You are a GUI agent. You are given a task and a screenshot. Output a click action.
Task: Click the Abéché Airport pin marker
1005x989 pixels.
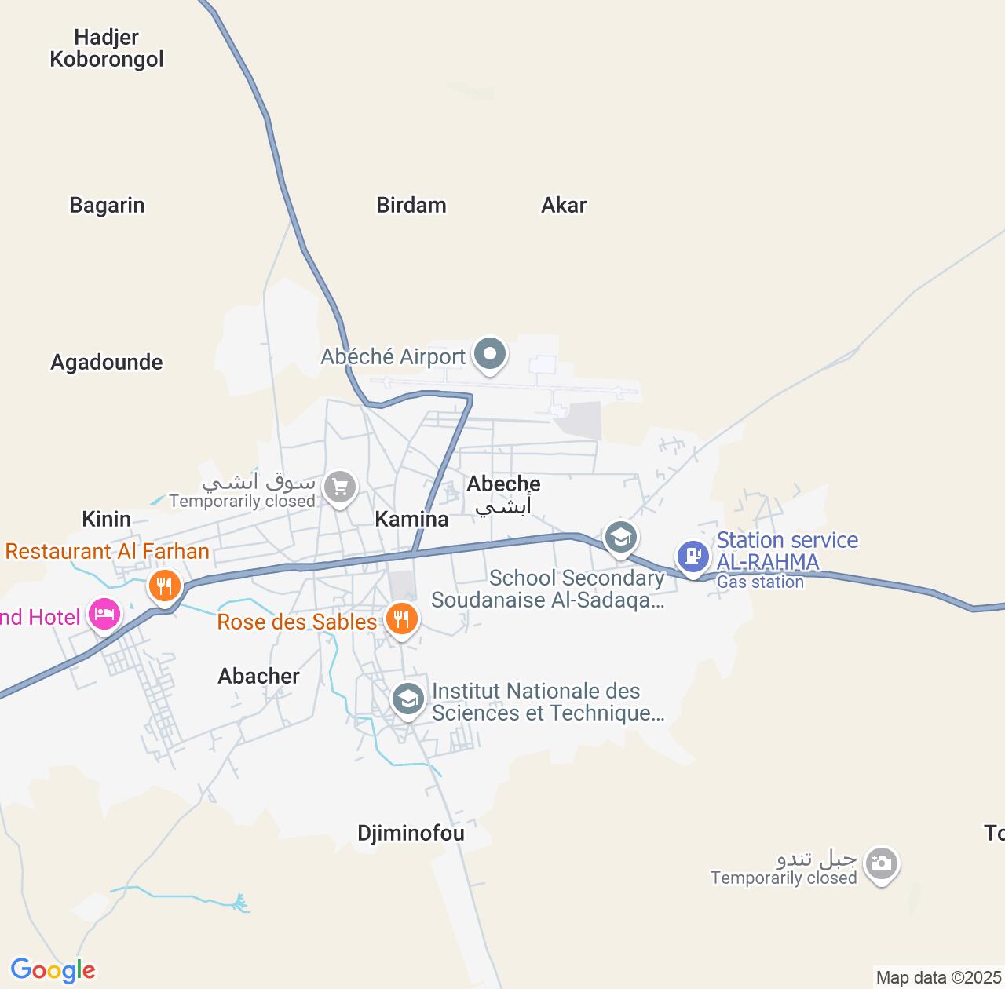(490, 355)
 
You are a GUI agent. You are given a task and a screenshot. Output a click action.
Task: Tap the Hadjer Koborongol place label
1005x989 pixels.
(107, 49)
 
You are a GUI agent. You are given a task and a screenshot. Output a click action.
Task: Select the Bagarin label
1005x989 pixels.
(107, 206)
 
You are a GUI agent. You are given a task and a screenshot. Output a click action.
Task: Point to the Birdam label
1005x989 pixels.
(411, 206)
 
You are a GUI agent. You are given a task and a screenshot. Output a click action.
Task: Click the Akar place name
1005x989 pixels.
(564, 206)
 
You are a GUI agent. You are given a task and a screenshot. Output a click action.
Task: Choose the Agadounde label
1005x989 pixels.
(107, 363)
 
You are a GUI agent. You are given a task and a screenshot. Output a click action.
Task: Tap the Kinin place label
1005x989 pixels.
(107, 519)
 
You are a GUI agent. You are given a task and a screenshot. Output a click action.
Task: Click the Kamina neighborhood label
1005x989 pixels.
(411, 519)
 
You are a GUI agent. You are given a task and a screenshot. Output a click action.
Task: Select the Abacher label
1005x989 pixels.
(258, 676)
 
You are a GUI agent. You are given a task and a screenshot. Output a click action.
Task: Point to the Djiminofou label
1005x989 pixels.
(411, 833)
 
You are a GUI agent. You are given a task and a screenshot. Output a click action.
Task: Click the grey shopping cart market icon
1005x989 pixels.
(340, 487)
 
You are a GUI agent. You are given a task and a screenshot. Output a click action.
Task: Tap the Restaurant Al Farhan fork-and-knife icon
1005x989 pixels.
(164, 586)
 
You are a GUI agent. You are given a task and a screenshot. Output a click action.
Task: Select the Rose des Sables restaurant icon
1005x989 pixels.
(401, 619)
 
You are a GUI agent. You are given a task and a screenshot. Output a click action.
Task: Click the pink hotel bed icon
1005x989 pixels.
(104, 613)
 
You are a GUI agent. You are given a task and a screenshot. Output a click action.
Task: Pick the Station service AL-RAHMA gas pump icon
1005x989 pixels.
(693, 557)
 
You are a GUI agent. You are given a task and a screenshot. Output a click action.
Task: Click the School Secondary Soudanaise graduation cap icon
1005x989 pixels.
(620, 538)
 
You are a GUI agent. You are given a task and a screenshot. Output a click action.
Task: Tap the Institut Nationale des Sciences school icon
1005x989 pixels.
(407, 698)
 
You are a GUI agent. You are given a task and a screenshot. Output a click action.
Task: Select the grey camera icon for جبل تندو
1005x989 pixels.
(881, 864)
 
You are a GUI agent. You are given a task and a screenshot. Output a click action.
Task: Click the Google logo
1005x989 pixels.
(53, 970)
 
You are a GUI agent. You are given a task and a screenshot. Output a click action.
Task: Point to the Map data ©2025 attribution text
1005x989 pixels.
(938, 978)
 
